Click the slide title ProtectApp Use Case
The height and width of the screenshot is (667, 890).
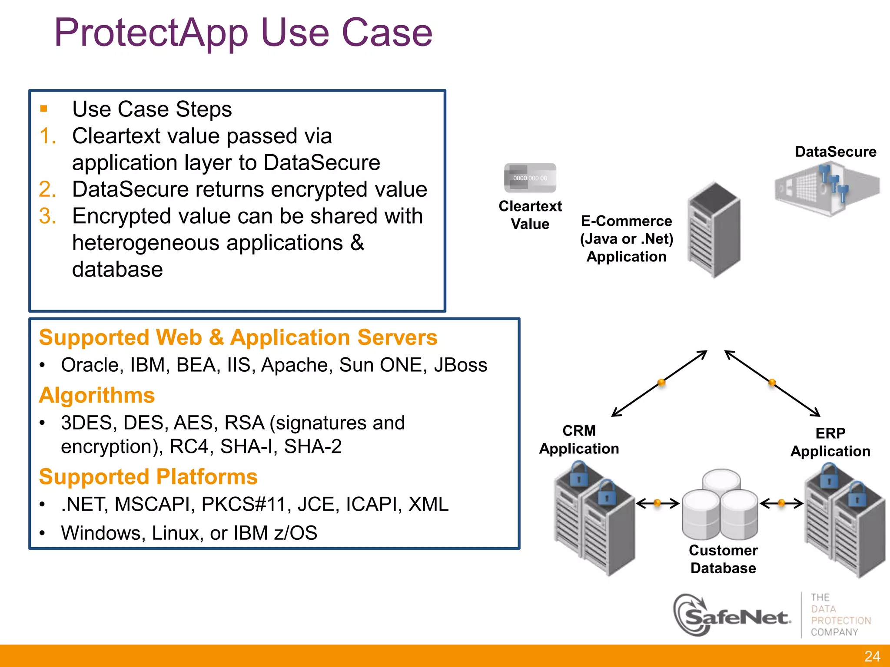[x=243, y=33]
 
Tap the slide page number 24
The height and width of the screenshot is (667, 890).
[x=872, y=656]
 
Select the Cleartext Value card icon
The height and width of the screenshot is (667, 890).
[x=530, y=178]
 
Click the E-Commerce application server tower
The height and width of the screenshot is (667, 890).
[x=714, y=230]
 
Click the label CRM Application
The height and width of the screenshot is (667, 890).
[x=579, y=439]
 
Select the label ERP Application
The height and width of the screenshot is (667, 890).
[x=830, y=442]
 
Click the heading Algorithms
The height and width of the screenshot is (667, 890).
[x=97, y=395]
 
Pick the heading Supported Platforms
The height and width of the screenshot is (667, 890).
[x=148, y=477]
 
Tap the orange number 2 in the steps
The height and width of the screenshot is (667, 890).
[x=47, y=189]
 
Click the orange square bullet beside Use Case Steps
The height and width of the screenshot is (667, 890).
[x=43, y=109]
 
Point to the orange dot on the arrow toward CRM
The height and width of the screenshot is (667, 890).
[x=661, y=383]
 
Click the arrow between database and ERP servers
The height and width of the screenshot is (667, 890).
[x=781, y=503]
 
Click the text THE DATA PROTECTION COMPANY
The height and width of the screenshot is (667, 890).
[x=840, y=615]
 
